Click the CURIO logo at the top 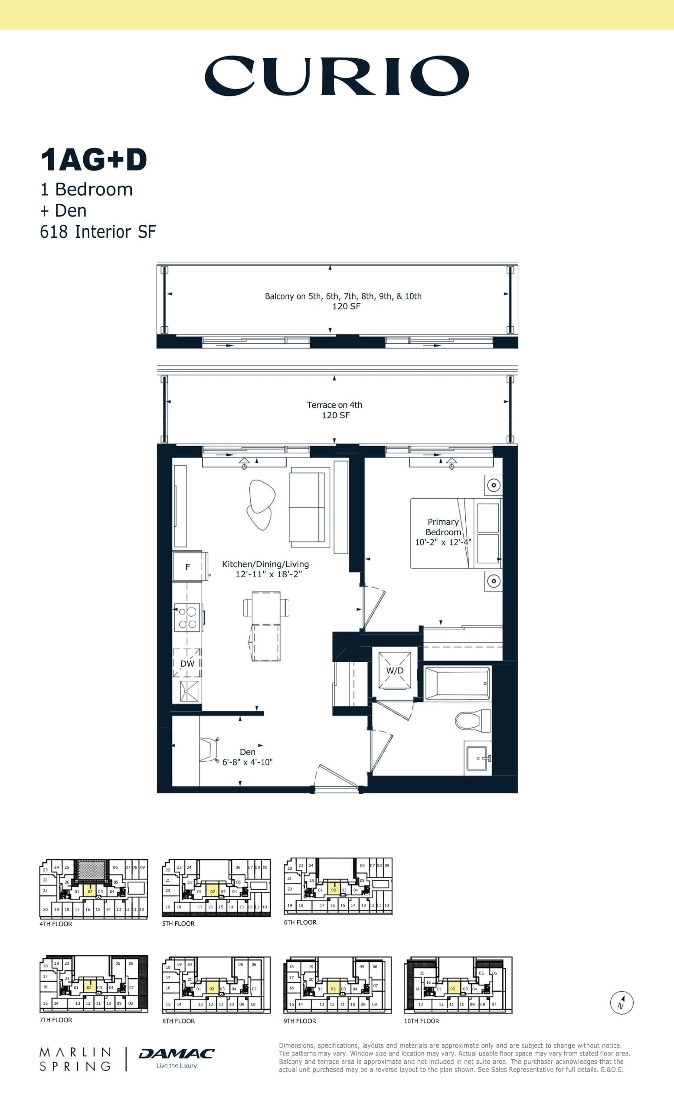pyautogui.click(x=337, y=76)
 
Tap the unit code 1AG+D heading pyautogui.click(x=94, y=160)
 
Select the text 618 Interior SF pyautogui.click(x=98, y=232)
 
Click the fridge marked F pyautogui.click(x=187, y=567)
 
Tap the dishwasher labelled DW pyautogui.click(x=187, y=663)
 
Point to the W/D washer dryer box pyautogui.click(x=395, y=671)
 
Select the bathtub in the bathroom pyautogui.click(x=457, y=683)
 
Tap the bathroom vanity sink pyautogui.click(x=478, y=758)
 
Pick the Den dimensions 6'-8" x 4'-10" pyautogui.click(x=247, y=762)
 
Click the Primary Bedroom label pyautogui.click(x=443, y=527)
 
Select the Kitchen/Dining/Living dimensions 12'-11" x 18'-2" pyautogui.click(x=268, y=575)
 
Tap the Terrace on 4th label pyautogui.click(x=334, y=405)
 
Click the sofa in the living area pyautogui.click(x=307, y=507)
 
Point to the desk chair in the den pyautogui.click(x=209, y=750)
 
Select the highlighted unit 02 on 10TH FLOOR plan pyautogui.click(x=453, y=989)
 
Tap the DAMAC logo pyautogui.click(x=177, y=1054)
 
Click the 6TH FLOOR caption pyautogui.click(x=300, y=923)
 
